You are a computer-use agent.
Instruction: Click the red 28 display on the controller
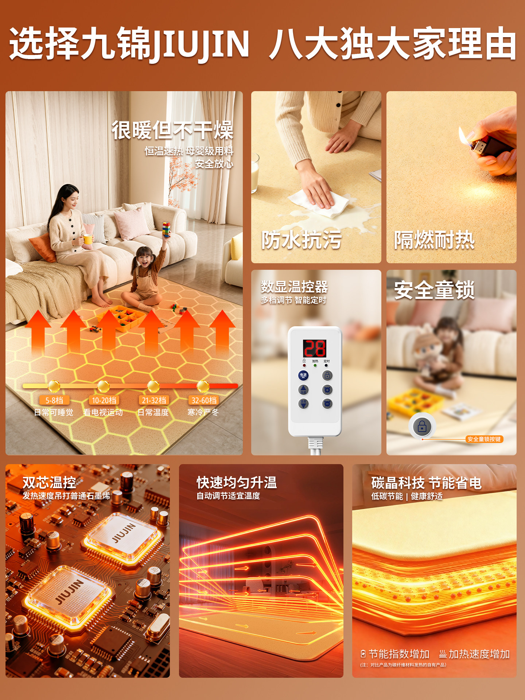(315, 348)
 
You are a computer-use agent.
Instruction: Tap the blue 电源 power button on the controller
(303, 375)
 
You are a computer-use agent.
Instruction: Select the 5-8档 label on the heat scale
(54, 400)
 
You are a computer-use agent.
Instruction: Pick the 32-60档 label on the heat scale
(204, 400)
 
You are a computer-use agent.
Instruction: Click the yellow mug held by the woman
(87, 239)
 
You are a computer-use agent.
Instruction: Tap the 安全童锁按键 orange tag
(484, 439)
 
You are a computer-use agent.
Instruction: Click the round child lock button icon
(422, 426)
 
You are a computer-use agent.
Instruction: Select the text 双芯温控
(49, 482)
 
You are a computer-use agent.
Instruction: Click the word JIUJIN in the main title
(201, 44)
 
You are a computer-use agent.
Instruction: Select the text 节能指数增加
(399, 654)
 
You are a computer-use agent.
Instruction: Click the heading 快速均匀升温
(237, 482)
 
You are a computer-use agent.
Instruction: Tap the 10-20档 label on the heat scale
(104, 400)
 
